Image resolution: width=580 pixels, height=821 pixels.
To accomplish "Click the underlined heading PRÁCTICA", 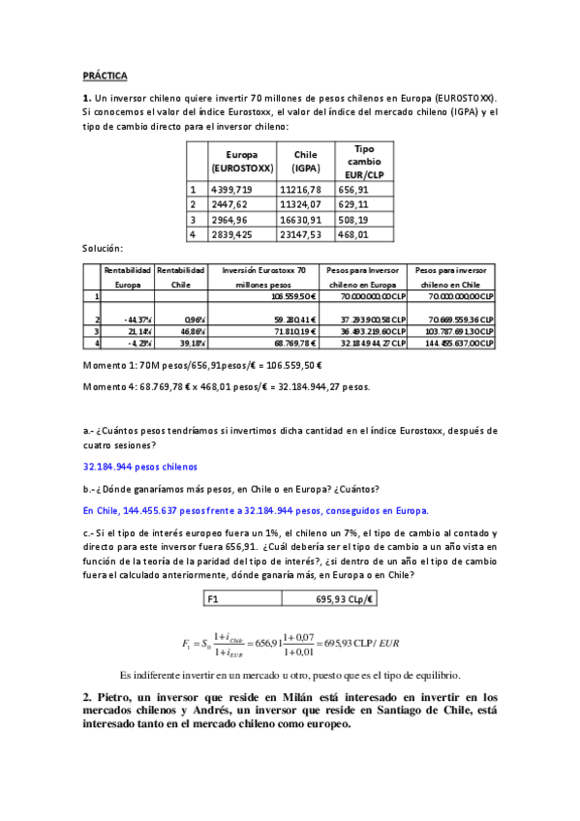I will coord(105,75).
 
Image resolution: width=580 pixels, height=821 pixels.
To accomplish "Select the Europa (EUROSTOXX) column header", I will coord(241,161).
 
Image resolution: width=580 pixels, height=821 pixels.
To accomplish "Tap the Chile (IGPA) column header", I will coord(305,161).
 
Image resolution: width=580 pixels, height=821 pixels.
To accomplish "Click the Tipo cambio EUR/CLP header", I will coord(360,161).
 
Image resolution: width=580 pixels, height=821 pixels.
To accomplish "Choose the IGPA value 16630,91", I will coord(300,220).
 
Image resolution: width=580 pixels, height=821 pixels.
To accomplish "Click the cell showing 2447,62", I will coord(229,205).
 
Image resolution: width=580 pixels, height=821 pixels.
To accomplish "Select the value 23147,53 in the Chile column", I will coord(300,234).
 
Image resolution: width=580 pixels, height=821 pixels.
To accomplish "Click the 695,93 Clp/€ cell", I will coord(345,599).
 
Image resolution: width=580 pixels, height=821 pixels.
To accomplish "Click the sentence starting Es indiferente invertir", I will coord(290,674).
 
